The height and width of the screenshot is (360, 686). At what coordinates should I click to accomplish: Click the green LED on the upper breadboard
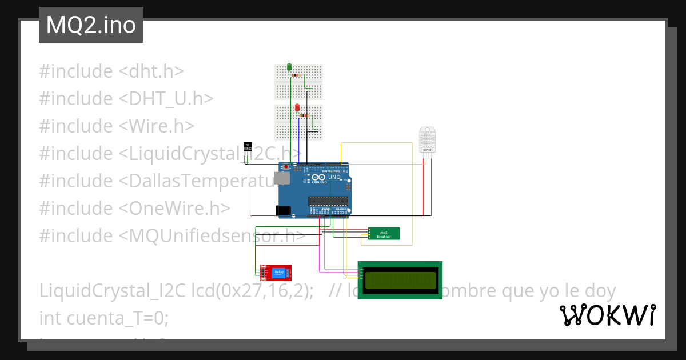[x=289, y=67]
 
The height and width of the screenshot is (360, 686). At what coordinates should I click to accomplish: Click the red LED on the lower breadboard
[x=298, y=107]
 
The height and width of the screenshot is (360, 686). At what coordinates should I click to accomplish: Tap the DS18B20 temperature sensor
[x=248, y=147]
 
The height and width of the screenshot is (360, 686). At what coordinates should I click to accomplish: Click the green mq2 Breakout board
[x=384, y=234]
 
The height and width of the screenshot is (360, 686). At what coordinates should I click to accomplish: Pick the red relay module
[x=276, y=273]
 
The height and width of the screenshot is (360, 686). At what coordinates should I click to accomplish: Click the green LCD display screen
[x=400, y=280]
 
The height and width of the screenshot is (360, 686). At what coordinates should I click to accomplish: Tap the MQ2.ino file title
[x=91, y=25]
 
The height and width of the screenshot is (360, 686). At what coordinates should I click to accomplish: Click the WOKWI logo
[x=607, y=315]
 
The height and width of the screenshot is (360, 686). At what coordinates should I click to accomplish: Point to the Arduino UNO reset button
[x=296, y=167]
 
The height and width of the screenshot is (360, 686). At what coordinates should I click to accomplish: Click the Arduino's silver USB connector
[x=281, y=179]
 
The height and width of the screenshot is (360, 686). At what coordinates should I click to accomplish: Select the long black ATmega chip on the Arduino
[x=328, y=200]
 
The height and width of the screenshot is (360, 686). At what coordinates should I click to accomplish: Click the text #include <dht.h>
[x=111, y=71]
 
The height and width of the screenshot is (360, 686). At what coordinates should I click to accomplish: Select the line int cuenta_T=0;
[x=104, y=318]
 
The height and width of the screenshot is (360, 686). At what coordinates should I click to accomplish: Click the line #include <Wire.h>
[x=117, y=126]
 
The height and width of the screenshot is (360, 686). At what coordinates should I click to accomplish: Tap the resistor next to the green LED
[x=296, y=75]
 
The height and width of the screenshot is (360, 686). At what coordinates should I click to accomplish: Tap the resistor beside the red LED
[x=303, y=116]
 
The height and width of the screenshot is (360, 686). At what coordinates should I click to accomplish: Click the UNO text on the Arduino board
[x=334, y=178]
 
